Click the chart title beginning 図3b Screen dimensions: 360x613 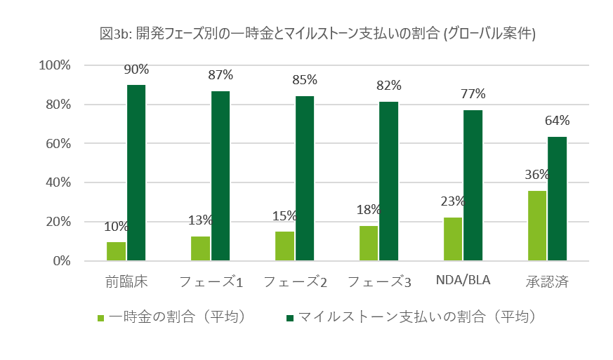318,33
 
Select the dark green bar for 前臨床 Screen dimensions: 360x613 136,173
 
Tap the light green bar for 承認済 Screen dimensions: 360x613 536,225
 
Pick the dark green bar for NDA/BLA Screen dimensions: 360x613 473,185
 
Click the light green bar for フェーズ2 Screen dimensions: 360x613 284,246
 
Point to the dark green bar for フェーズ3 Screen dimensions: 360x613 388,181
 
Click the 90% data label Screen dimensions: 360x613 136,69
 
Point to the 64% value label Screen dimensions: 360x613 558,121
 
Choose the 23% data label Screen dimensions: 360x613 453,201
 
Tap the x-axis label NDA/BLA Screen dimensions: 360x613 462,281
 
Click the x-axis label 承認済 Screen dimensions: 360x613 546,282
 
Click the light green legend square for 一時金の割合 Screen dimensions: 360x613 101,318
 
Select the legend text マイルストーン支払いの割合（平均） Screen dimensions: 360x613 417,317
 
